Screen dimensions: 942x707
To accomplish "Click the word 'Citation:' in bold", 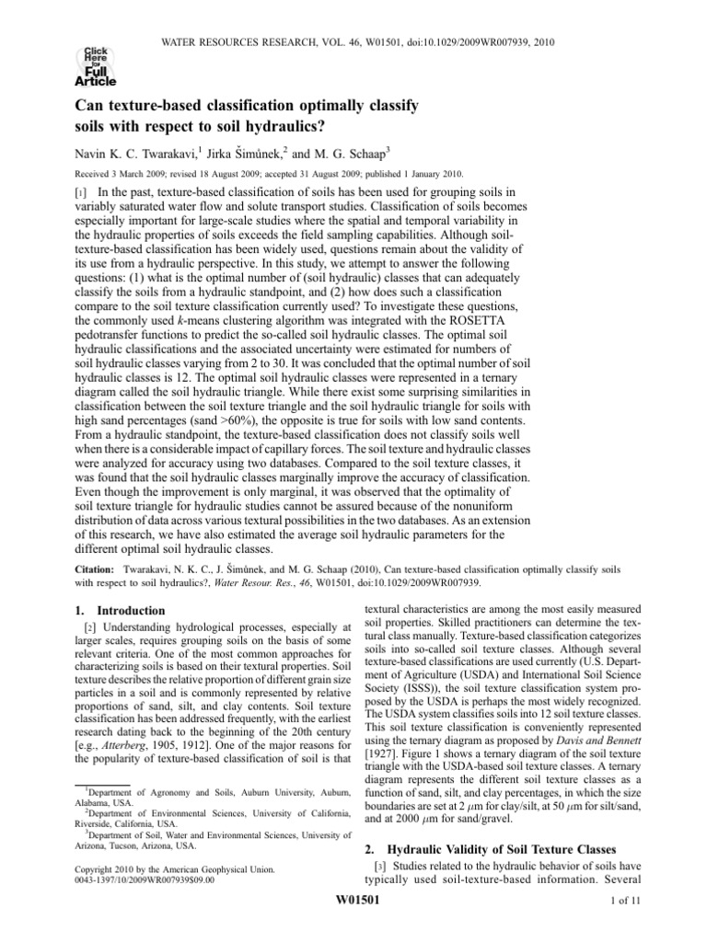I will (x=88, y=570).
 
